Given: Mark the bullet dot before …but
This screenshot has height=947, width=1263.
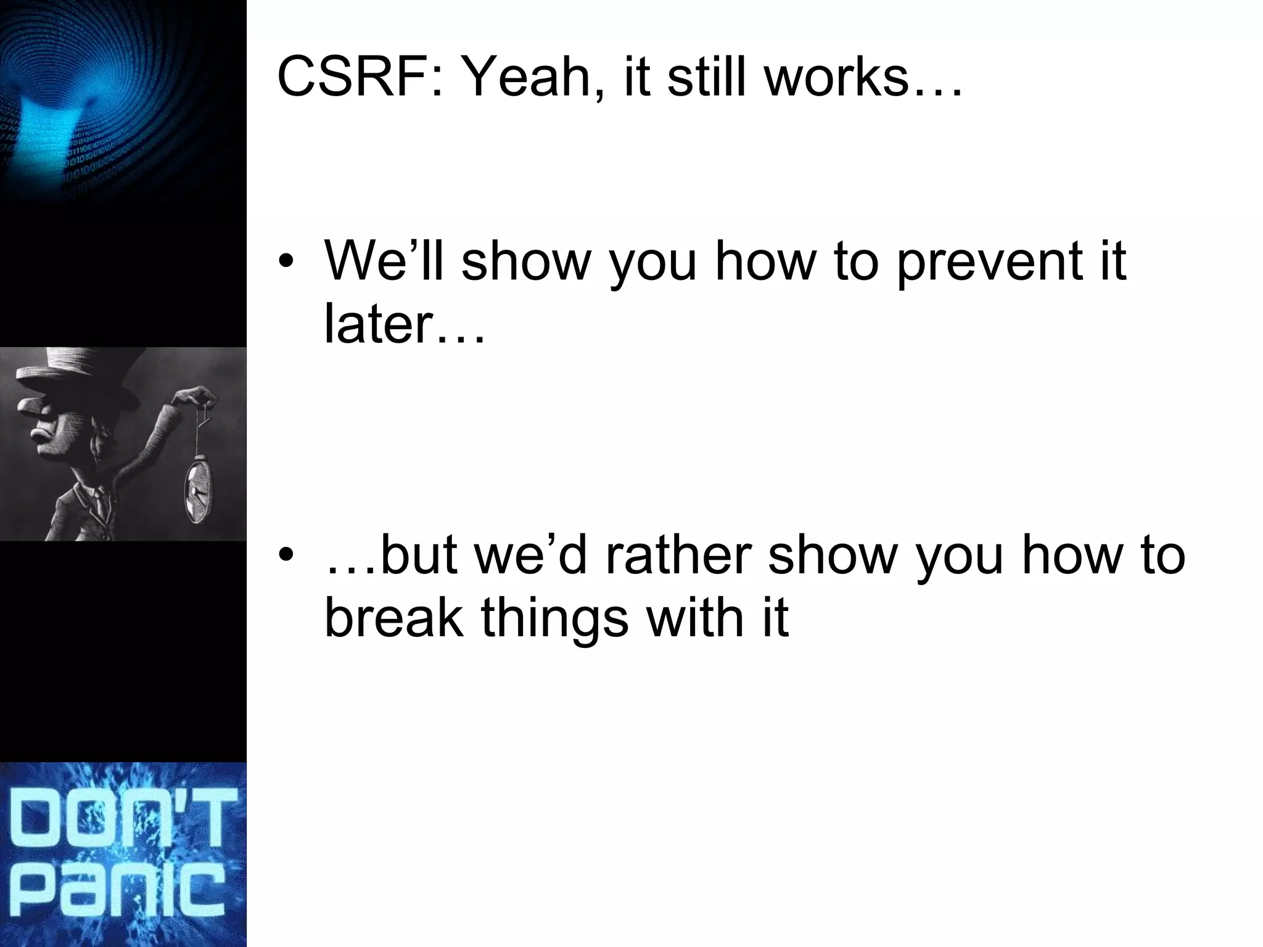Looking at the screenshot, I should point(286,557).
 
